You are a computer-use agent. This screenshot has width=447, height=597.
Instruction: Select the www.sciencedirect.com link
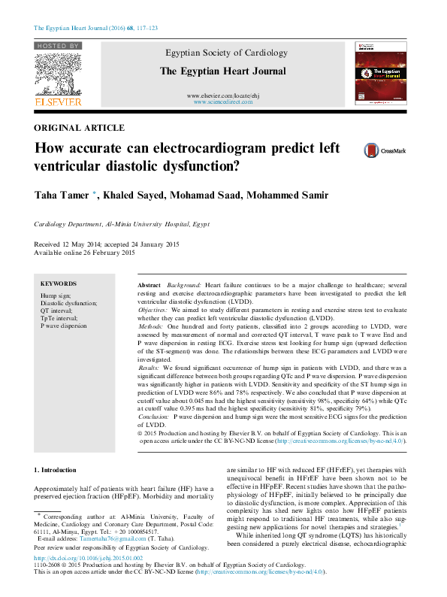[x=222, y=102]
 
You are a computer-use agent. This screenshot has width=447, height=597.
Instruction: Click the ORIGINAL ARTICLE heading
[x=80, y=129]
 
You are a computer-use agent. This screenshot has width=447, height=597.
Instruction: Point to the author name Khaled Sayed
[x=133, y=196]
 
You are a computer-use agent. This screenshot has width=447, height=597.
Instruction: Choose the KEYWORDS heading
[x=59, y=283]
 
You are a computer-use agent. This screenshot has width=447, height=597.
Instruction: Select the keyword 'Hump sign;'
[x=56, y=296]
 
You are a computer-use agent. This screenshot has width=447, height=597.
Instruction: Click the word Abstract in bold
[x=150, y=286]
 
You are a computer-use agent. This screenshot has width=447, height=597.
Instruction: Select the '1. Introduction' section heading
[x=55, y=470]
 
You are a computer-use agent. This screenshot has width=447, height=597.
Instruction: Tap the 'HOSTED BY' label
[x=57, y=46]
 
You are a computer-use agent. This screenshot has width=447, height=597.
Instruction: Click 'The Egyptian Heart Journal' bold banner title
[x=222, y=71]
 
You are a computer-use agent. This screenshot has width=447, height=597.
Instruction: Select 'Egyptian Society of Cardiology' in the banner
[x=222, y=53]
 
